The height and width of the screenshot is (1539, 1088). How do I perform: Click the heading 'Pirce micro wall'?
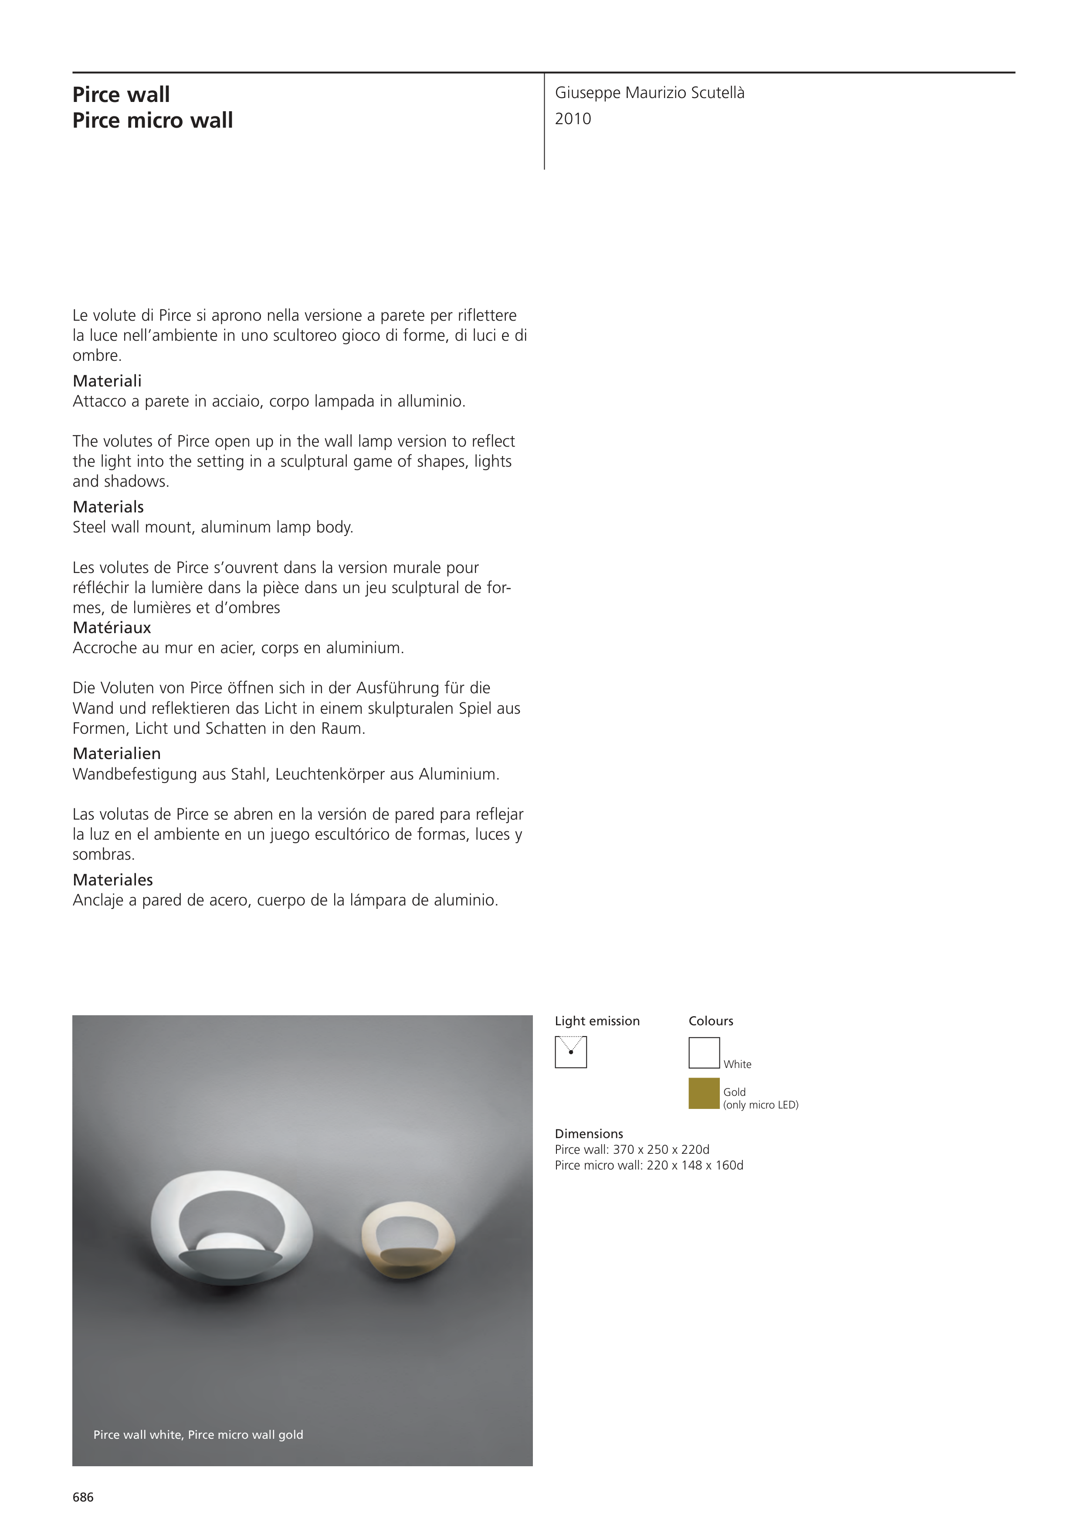[153, 121]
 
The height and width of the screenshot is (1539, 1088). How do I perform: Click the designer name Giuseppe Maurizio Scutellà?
[649, 93]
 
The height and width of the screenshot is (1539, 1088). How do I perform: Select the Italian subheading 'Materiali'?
[107, 381]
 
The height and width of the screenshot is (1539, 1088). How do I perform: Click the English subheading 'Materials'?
[108, 507]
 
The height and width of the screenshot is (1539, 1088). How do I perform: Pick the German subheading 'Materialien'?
[117, 753]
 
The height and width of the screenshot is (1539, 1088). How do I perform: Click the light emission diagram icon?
[570, 1052]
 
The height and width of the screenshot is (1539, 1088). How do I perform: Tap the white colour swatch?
[704, 1052]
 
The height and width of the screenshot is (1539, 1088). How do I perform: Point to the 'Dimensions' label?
[589, 1133]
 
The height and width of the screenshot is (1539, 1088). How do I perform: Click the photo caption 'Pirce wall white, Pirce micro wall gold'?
[198, 1434]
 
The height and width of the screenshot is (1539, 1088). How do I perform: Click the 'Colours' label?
[711, 1021]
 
